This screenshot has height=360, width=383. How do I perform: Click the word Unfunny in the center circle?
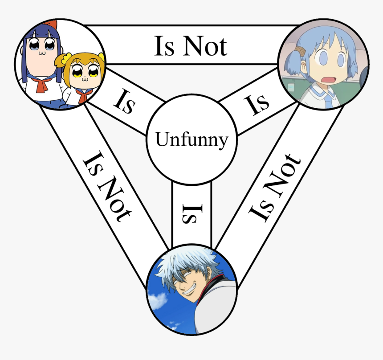192,139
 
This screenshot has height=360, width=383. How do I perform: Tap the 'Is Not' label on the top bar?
191,46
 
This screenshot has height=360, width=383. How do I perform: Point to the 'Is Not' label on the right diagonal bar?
274,188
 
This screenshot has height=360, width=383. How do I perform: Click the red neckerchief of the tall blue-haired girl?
41,85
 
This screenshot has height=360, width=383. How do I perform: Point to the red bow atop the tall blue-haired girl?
52,24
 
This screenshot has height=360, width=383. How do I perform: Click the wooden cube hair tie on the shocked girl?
300,51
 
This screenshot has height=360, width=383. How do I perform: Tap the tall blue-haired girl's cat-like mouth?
42,53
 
